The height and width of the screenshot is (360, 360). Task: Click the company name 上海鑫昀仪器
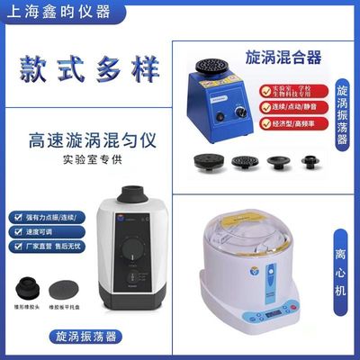tap(56, 13)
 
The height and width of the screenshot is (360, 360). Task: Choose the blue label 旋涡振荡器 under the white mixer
tap(85, 337)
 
